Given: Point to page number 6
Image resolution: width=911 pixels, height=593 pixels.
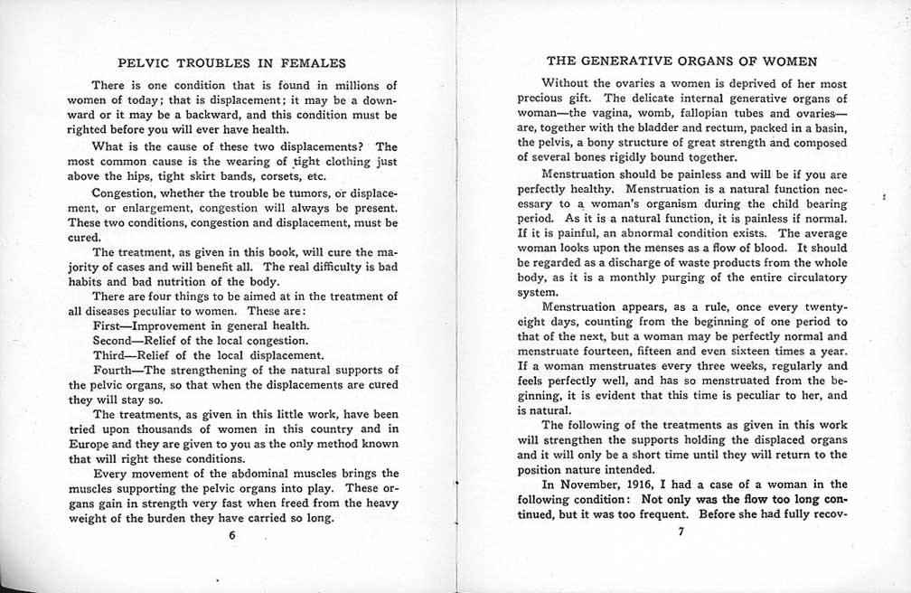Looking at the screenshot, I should point(232,535).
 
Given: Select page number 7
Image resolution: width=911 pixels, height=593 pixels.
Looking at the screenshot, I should point(681,532).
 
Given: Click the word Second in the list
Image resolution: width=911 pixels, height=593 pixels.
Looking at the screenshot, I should point(114,341).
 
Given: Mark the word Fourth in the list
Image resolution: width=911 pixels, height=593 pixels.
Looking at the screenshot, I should point(114,370).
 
